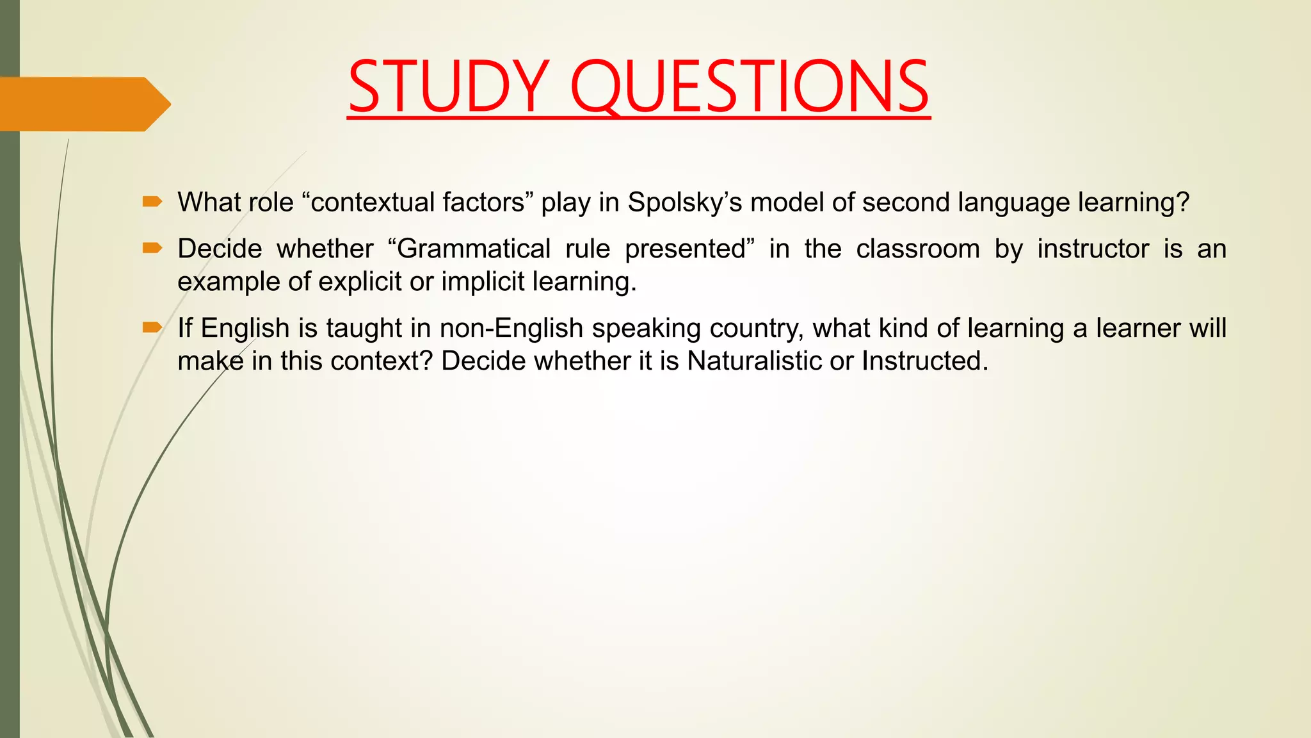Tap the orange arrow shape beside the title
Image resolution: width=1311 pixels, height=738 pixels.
click(83, 104)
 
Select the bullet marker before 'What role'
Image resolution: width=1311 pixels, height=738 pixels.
click(152, 202)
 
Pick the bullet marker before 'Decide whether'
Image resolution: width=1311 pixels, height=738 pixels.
click(152, 249)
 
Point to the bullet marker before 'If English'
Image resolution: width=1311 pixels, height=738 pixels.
click(152, 328)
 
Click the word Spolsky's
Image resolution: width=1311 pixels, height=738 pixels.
click(684, 202)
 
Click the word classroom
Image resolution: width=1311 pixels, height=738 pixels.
click(918, 249)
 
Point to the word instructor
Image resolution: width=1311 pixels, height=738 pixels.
click(1093, 249)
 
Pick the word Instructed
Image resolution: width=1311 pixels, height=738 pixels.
click(924, 361)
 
